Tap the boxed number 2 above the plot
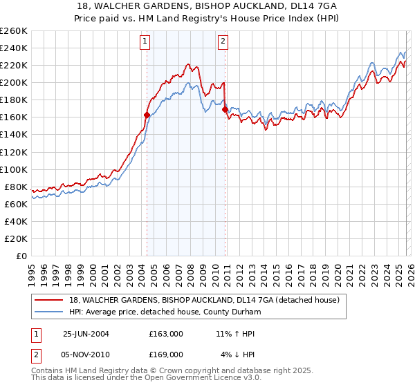tap(223, 41)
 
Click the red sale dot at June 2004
tap(147, 115)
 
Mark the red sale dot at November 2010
tap(225, 109)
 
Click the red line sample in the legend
tap(50, 300)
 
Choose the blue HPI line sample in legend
tap(50, 312)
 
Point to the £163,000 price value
tap(166, 334)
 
